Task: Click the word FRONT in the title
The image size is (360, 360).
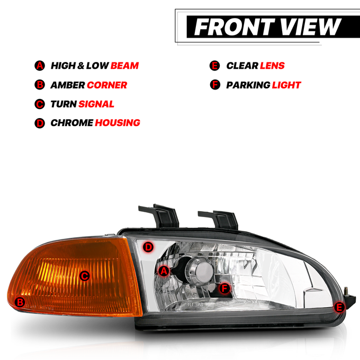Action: pos(235,27)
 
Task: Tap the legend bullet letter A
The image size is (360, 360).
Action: pos(40,66)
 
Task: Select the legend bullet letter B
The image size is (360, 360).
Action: pos(40,85)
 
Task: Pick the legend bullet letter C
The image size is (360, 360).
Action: pos(40,104)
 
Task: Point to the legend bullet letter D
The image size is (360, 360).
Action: pos(40,123)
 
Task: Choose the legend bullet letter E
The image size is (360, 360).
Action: pos(214,66)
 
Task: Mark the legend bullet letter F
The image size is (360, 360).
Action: pos(215,85)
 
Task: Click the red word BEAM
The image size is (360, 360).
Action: pos(124,66)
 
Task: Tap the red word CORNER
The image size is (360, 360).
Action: pos(107,85)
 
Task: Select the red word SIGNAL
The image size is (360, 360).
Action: pos(96,104)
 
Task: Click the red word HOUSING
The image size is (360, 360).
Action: pos(118,123)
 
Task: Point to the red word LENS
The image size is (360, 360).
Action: pos(272,66)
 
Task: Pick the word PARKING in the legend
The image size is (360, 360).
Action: pos(248,85)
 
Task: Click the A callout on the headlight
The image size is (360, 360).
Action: pos(164,271)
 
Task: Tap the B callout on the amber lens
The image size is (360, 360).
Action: pos(20,302)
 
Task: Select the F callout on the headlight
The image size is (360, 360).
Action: pos(224,288)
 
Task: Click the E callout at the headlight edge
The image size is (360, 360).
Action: pos(339,307)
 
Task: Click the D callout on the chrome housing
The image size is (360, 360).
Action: pos(148,248)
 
